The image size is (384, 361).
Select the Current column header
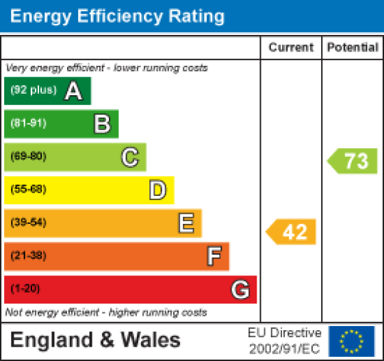[291, 48]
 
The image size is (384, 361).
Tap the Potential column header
[353, 48]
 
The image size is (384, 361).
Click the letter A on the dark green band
[73, 91]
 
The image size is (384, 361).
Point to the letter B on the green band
[101, 124]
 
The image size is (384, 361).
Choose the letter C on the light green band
[129, 157]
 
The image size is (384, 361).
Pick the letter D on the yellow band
[157, 190]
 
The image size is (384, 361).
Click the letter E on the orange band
[185, 223]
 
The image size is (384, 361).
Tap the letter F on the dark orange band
[214, 256]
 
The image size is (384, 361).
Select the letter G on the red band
[240, 290]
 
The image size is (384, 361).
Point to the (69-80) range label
[28, 157]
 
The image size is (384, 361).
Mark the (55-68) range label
[28, 190]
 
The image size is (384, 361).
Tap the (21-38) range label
[28, 256]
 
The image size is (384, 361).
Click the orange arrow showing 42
[292, 232]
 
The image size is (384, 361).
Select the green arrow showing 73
[353, 161]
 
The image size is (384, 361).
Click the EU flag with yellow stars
[351, 340]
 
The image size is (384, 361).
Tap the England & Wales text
[95, 340]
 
